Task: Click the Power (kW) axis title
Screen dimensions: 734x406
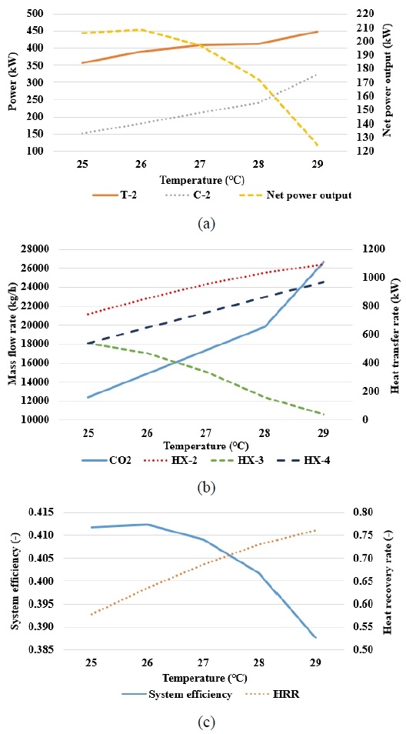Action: pyautogui.click(x=13, y=82)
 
